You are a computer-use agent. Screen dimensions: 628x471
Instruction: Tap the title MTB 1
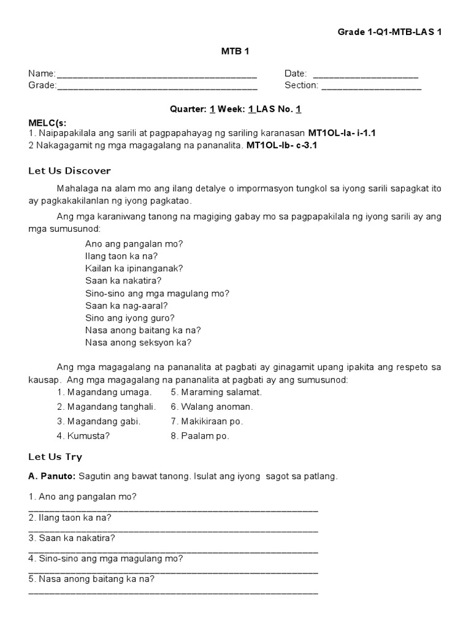point(235,52)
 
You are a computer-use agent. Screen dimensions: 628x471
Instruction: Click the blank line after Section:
point(371,88)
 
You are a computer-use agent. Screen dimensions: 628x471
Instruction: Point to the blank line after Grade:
point(156,88)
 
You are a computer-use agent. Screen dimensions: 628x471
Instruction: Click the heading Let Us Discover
point(69,170)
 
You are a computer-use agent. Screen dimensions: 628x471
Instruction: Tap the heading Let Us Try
point(55,457)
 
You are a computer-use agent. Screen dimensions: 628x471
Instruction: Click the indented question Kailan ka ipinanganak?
point(134,268)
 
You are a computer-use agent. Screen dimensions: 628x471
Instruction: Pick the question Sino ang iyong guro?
point(130,318)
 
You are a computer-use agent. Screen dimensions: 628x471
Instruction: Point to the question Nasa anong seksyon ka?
point(139,343)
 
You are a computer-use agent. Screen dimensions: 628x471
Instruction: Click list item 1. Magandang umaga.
point(104,392)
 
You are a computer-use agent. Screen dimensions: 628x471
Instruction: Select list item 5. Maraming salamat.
point(216,392)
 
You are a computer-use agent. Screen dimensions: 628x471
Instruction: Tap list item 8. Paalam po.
point(200,436)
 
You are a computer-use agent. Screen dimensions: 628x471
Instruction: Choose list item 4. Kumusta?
point(84,436)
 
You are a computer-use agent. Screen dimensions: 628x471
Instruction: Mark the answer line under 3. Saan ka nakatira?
point(173,551)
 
